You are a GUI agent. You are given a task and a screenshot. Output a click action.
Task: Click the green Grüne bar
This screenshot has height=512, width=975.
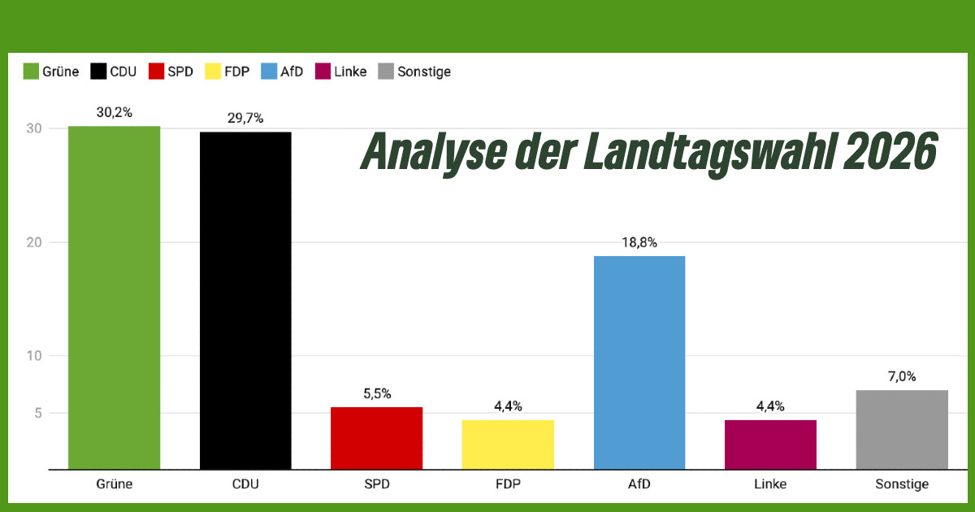pyautogui.click(x=114, y=297)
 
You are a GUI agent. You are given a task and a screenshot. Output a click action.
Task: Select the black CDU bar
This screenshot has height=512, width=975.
pyautogui.click(x=245, y=301)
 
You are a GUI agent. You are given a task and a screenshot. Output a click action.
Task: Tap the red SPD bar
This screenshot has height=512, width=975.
pyautogui.click(x=377, y=438)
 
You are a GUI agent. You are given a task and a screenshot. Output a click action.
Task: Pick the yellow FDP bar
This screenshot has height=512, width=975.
pyautogui.click(x=508, y=445)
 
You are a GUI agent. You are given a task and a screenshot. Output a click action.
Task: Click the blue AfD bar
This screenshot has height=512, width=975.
pyautogui.click(x=639, y=362)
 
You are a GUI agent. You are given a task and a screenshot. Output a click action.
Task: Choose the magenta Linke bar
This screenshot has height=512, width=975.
pyautogui.click(x=770, y=445)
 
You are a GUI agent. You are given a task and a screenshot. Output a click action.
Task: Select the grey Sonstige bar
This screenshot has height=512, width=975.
pyautogui.click(x=902, y=429)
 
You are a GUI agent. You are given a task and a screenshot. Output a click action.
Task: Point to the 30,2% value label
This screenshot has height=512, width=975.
pyautogui.click(x=114, y=113)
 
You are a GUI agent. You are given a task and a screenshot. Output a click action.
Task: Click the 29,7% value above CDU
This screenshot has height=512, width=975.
pyautogui.click(x=245, y=119)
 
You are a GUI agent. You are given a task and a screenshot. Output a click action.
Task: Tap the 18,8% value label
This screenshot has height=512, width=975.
pyautogui.click(x=639, y=243)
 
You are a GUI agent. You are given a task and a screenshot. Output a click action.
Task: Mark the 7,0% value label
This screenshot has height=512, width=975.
pyautogui.click(x=902, y=377)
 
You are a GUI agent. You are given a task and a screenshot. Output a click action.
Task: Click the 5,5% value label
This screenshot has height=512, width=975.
pyautogui.click(x=377, y=394)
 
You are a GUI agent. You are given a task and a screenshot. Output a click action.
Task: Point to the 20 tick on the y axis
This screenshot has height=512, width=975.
pyautogui.click(x=34, y=242)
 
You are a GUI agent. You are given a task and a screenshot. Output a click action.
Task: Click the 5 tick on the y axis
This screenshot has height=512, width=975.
pyautogui.click(x=38, y=413)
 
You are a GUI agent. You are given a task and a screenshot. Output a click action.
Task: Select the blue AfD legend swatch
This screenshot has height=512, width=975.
pyautogui.click(x=269, y=72)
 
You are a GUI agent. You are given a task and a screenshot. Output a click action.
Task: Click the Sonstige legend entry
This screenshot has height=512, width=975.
pyautogui.click(x=423, y=72)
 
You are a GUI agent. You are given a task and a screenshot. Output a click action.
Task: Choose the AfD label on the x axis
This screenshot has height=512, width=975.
pyautogui.click(x=639, y=484)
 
